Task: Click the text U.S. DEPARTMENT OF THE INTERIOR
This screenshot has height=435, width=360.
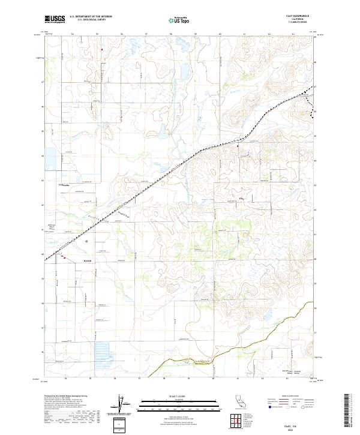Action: click(x=91, y=17)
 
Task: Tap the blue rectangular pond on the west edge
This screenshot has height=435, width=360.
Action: click(x=49, y=158)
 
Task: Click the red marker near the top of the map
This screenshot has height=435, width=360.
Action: click(x=102, y=49)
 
